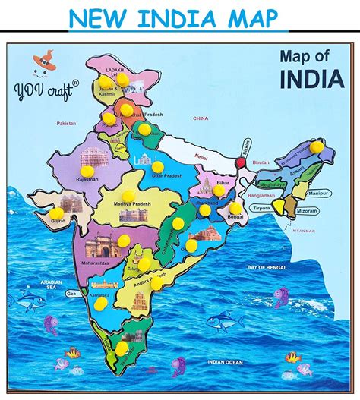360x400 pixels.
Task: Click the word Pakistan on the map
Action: [66, 123]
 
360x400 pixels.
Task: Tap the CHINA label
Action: [201, 118]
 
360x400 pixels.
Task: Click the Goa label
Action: [72, 293]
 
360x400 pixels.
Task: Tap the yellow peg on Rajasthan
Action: [88, 172]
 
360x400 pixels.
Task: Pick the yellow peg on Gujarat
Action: [58, 214]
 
